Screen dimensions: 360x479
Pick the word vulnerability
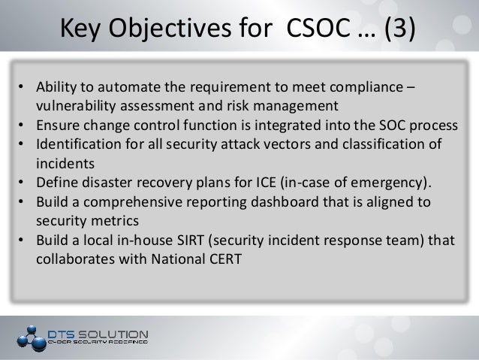(x=73, y=104)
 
